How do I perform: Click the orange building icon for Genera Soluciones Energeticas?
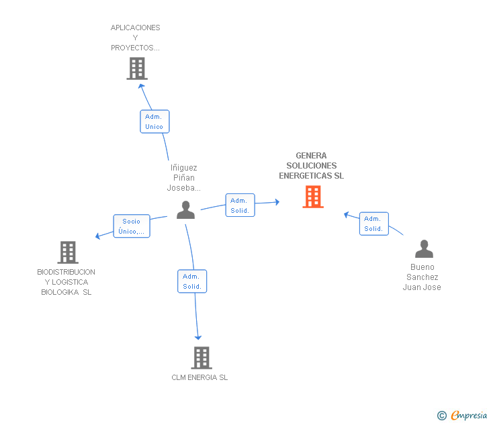pos(313,197)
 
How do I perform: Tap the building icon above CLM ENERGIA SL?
pos(202,358)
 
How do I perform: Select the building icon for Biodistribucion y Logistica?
pos(68,252)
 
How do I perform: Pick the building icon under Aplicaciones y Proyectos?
pos(137,68)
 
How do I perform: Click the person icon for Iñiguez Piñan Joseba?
pos(185,209)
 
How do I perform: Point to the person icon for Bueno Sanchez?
pos(424,248)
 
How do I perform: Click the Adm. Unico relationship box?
pos(154,122)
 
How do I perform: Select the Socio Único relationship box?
pos(132,226)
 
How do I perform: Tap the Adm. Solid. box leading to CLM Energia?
pos(192,281)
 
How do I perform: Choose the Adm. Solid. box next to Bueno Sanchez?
pos(374,224)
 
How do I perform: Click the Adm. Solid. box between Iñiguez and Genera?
pos(240,205)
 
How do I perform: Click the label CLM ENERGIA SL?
pos(199,377)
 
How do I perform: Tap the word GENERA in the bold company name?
pos(311,156)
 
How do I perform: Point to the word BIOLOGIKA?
pos(60,292)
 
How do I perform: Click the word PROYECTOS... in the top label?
pos(135,48)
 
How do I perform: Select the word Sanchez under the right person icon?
pos(423,277)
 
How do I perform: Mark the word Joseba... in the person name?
pos(183,187)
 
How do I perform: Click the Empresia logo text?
pos(469,415)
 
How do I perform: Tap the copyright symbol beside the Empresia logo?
pos(442,416)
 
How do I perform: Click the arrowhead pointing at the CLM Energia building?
pos(198,338)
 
